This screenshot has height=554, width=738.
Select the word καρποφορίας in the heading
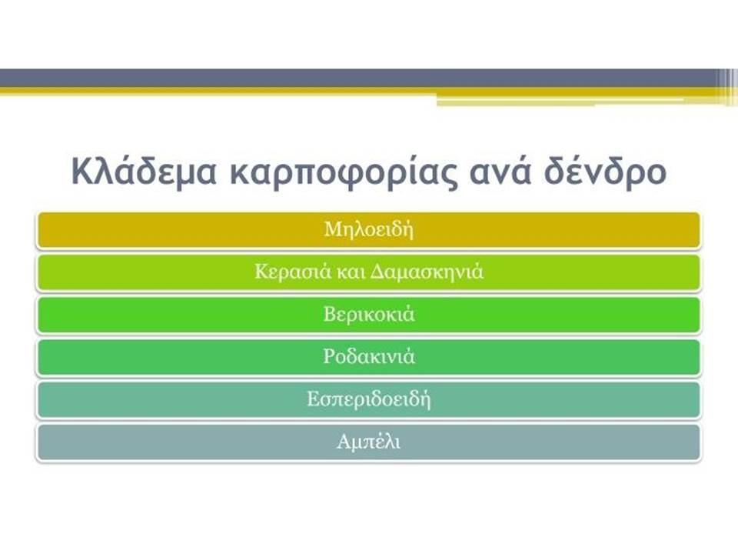coord(343,172)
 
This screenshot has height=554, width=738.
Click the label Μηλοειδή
coord(369,230)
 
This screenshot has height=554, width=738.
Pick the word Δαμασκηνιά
coord(427,272)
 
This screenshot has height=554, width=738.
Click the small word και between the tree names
coord(351,272)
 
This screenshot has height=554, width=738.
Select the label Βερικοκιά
coord(369,314)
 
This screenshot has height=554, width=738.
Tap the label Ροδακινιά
coord(369,356)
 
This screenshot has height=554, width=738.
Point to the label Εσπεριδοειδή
coord(369,399)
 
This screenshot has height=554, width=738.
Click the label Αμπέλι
coord(369,442)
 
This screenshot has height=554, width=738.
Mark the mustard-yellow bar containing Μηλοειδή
coord(368,230)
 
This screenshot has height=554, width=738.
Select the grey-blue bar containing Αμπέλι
coord(368,442)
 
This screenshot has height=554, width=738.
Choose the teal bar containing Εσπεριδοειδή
coord(368,399)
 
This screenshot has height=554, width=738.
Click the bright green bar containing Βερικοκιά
coord(368,315)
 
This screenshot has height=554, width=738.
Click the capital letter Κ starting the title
coord(81,171)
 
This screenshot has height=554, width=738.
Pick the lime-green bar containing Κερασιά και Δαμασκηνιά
coord(368,272)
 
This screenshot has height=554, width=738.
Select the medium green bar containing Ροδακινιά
coord(368,357)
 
